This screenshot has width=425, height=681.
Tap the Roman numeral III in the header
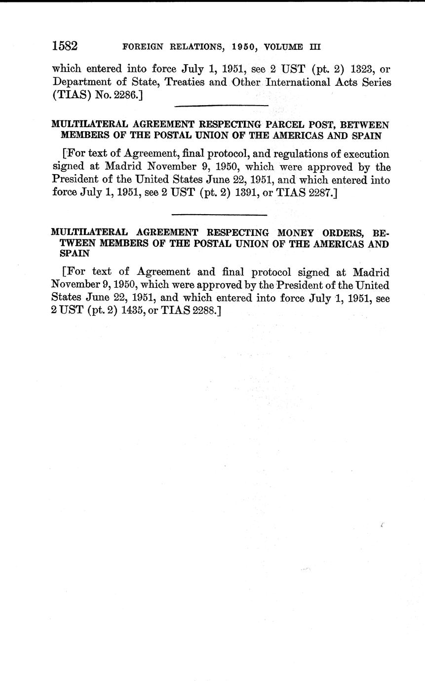pos(315,47)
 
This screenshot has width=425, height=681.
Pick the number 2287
pos(318,192)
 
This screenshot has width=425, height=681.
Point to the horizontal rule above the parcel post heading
pos(221,106)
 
